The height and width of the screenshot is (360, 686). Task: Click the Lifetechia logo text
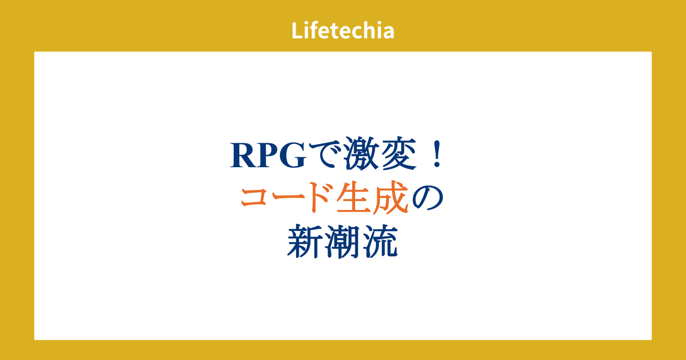(x=343, y=30)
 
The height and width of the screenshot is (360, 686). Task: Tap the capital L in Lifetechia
(x=297, y=30)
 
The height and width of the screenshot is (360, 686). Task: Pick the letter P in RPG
(x=267, y=155)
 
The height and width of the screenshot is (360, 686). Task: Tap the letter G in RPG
(x=292, y=155)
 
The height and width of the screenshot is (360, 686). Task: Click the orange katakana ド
(x=320, y=197)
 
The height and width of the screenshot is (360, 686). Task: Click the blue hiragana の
(x=428, y=198)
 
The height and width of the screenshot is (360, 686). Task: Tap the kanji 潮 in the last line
(x=343, y=241)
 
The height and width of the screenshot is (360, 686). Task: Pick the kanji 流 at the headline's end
(x=380, y=241)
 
